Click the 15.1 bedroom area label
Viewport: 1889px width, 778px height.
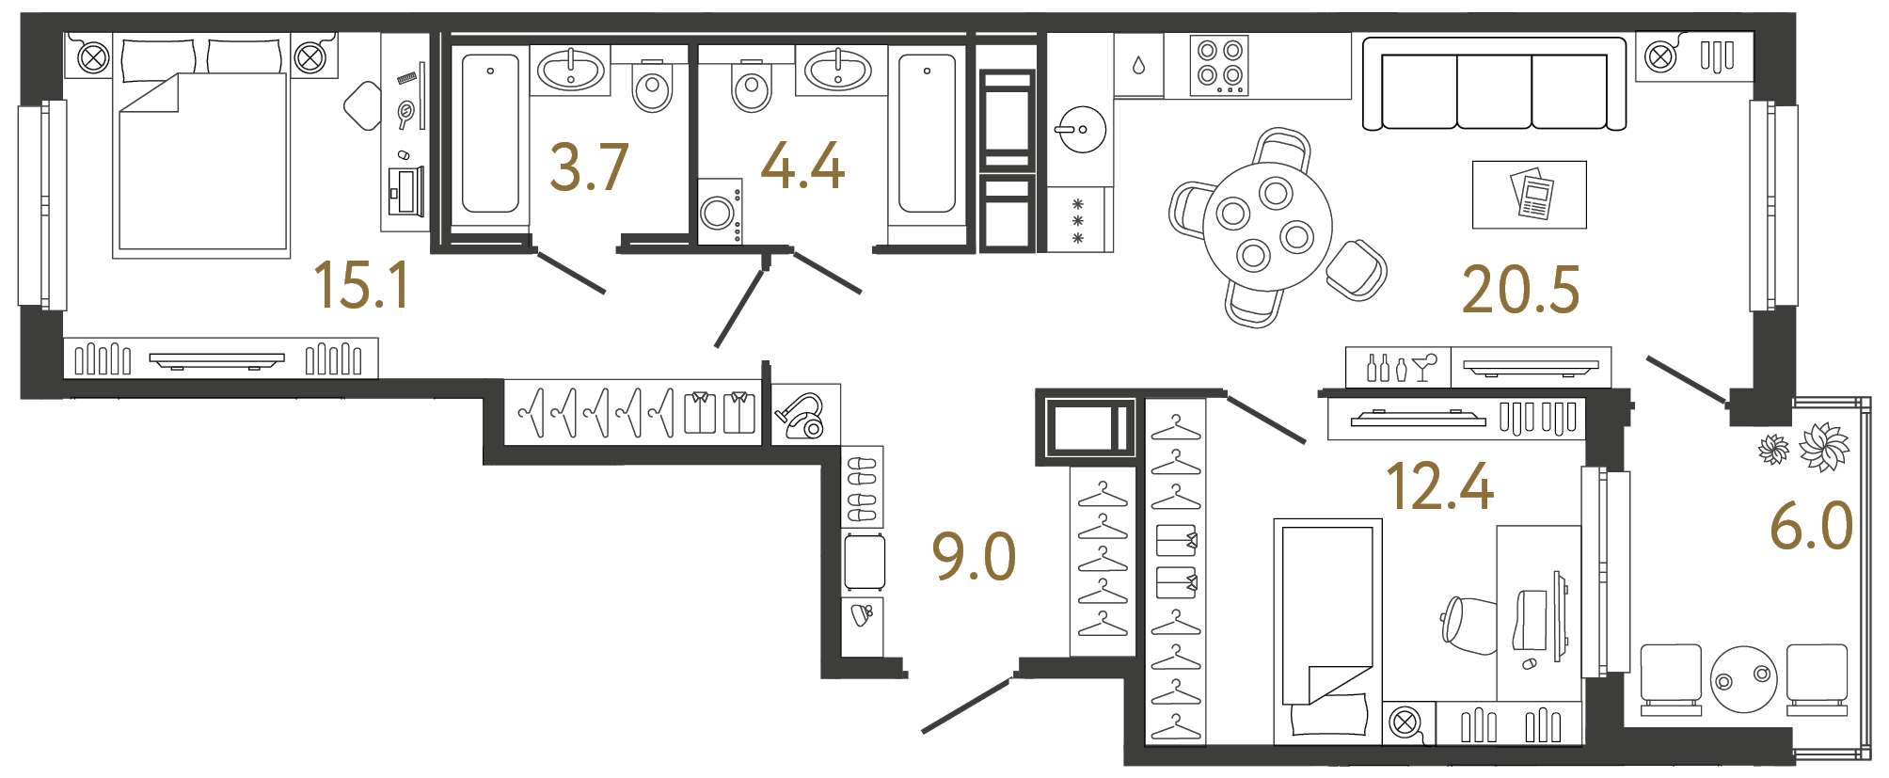(362, 285)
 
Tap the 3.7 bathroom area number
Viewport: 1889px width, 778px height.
(589, 167)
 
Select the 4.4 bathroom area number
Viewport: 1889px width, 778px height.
(802, 167)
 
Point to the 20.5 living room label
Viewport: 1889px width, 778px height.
(1520, 290)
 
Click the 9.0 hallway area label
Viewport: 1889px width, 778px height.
(974, 556)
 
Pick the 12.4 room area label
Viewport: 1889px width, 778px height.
(1439, 487)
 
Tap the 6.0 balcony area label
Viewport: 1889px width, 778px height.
(1811, 526)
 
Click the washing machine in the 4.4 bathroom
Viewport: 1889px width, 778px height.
(719, 212)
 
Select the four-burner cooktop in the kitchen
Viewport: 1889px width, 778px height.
(1219, 64)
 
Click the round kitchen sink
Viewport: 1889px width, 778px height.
(1082, 129)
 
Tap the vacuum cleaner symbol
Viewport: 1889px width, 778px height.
(802, 416)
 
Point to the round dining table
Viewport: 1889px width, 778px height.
(1266, 227)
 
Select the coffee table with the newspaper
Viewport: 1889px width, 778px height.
(1529, 195)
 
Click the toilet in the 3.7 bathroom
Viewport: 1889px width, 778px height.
(652, 87)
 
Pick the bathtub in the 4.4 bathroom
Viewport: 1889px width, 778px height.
(927, 134)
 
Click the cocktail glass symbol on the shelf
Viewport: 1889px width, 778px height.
(1425, 366)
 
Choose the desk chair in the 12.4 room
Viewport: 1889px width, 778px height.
(1469, 624)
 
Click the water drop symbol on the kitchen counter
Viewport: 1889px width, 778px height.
(1138, 65)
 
